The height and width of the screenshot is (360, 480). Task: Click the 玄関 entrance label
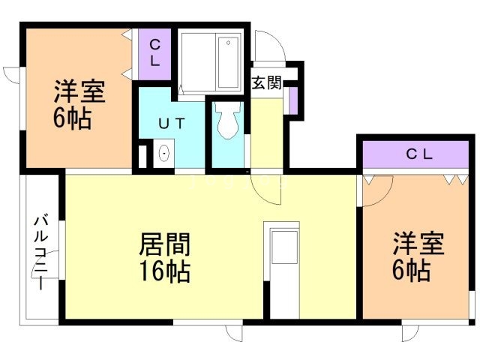[266, 82]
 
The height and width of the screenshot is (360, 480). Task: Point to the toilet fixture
[226, 120]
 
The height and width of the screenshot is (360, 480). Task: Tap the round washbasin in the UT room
[164, 154]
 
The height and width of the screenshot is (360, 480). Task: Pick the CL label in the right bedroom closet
[419, 155]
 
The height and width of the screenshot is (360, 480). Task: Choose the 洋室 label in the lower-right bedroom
[418, 245]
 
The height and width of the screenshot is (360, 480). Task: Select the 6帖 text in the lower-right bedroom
[411, 270]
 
